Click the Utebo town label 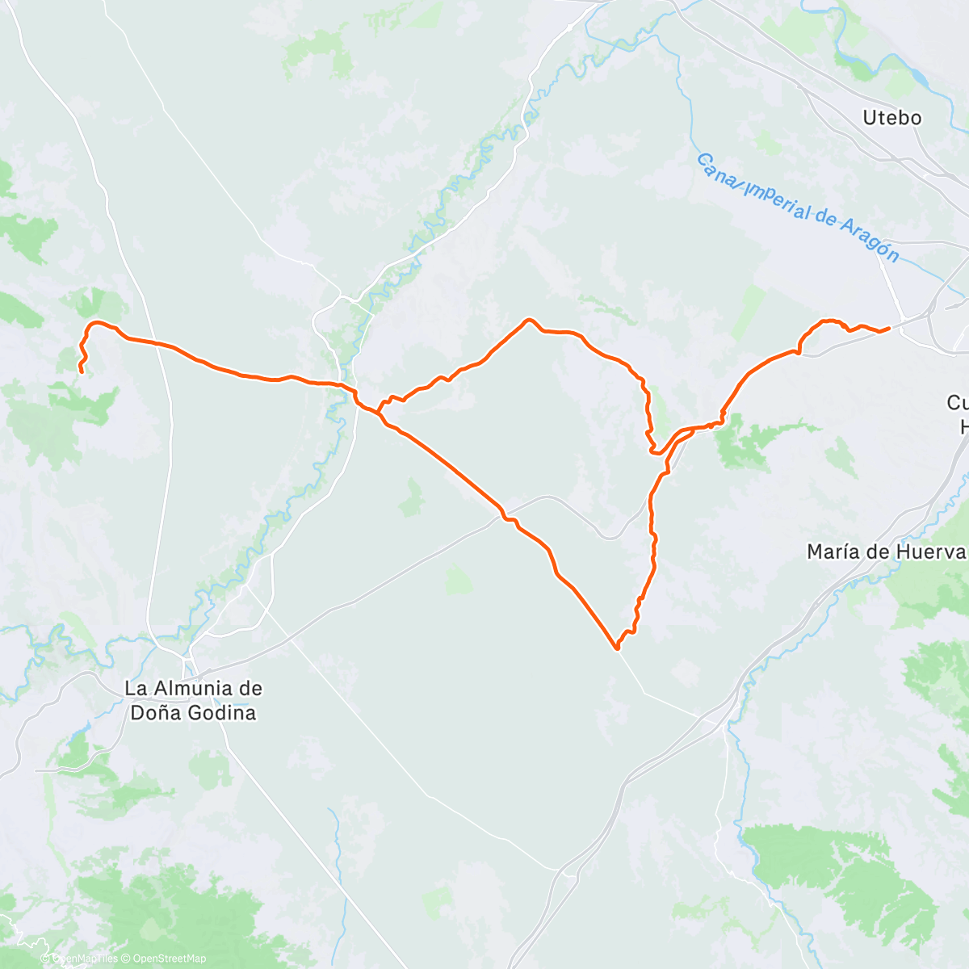point(891,118)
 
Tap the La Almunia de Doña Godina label point(193,701)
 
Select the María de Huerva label point(886,552)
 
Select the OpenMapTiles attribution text point(84,959)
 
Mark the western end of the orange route point(81,371)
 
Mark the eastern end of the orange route point(888,328)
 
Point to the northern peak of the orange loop point(530,320)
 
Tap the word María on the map point(834,552)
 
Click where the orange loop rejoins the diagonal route point(378,412)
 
